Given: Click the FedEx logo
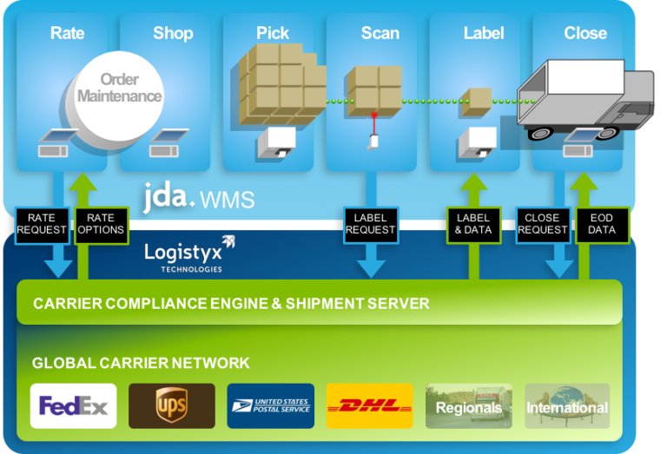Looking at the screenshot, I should point(73,406).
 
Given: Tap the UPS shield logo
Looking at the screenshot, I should point(171,406).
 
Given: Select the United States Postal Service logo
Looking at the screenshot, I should point(270,406).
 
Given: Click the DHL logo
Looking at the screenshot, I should point(369,406).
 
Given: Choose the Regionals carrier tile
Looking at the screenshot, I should point(468,406).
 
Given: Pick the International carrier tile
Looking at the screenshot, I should point(567,406).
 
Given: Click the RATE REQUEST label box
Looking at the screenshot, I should point(42,224).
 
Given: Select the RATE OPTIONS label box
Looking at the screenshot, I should point(101,224).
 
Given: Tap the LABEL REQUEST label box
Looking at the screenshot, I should point(371,224).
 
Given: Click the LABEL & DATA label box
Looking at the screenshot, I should point(473,224).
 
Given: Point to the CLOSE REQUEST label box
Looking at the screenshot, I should point(543,224).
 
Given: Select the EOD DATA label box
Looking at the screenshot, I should point(601,224).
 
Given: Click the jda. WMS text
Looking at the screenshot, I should point(199,198).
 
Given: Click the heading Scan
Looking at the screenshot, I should point(380,33).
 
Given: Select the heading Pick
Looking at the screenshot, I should point(273,33).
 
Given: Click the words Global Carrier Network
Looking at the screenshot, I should point(141,363).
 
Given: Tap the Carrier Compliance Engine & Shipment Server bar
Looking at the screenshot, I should point(319,303).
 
